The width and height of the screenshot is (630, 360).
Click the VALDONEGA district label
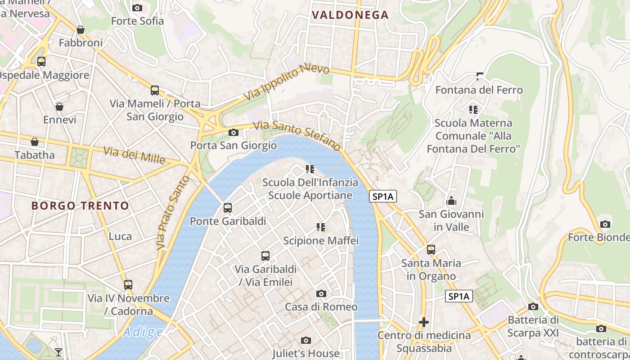[350, 15]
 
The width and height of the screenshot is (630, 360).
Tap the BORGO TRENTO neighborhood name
[80, 206]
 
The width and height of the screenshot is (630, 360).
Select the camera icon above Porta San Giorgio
[233, 132]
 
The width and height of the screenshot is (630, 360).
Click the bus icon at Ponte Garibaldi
[228, 208]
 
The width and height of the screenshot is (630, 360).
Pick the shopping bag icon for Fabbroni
[81, 30]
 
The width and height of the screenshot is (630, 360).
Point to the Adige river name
[143, 333]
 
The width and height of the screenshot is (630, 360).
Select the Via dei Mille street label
[134, 155]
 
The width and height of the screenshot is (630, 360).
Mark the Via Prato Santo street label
[173, 213]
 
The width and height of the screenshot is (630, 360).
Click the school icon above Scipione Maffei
[321, 227]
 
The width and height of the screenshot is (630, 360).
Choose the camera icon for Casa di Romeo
[321, 293]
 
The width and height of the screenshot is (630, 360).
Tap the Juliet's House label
[306, 353]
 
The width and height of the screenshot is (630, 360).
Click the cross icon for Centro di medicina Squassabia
[423, 322]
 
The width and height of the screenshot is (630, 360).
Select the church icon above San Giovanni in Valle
[451, 201]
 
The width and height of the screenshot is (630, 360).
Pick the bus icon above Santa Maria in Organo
[431, 249]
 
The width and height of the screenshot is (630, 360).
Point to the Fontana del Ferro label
[479, 90]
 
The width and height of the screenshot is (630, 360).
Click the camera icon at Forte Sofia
[137, 8]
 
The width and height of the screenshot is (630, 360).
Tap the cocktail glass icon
[58, 352]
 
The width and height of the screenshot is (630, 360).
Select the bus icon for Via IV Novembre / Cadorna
[128, 284]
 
